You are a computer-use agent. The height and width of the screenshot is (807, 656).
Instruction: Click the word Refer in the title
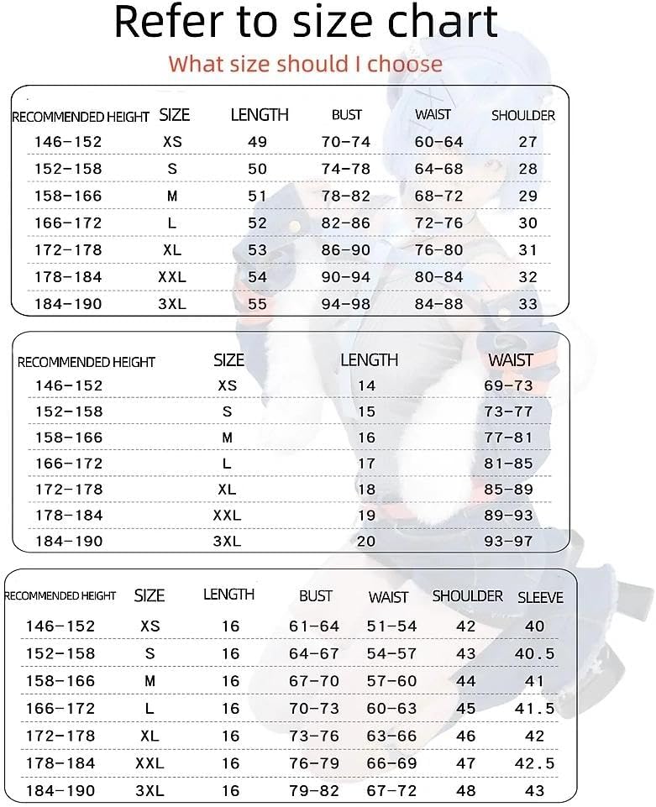168,23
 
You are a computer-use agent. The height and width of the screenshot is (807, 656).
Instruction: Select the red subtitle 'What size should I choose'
305,64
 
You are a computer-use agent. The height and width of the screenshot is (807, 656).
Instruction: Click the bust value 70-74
346,142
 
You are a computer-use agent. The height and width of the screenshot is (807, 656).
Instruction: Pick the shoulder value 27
527,142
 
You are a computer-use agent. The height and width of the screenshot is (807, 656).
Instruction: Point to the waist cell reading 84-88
438,304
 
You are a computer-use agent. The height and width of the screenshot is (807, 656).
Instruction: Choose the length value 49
257,142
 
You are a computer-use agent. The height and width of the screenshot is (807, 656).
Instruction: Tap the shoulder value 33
527,304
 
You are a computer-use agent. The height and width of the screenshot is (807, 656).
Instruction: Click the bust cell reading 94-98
346,304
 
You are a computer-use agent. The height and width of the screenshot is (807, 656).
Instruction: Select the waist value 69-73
509,385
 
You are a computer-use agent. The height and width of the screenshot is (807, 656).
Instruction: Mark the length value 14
366,385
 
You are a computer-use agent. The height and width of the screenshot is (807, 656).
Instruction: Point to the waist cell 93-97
509,542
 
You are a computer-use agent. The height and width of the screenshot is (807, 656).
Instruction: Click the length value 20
366,542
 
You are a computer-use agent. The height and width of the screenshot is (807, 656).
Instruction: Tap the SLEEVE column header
540,598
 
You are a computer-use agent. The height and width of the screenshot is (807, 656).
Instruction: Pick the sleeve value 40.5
534,653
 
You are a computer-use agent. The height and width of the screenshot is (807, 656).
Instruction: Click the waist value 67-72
391,791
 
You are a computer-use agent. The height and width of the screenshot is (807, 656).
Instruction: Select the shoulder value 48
465,791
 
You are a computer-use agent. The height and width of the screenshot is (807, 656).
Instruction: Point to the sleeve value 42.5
534,763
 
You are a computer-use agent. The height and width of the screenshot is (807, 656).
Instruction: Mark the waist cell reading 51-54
391,626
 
